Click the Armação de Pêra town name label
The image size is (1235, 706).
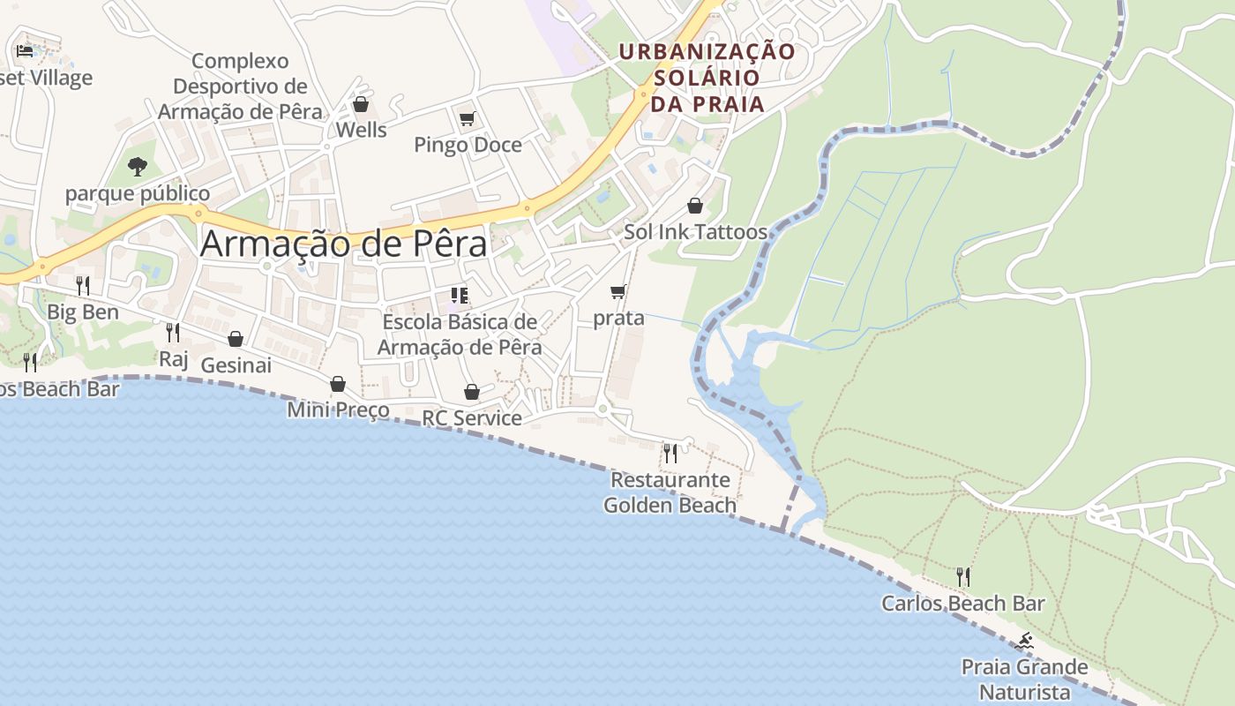click(x=343, y=244)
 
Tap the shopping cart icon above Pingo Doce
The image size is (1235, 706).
click(x=467, y=118)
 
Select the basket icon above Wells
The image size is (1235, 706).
click(x=361, y=104)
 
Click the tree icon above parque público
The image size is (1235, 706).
click(x=137, y=166)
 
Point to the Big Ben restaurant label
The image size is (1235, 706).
click(x=83, y=312)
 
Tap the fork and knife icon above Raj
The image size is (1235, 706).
click(x=173, y=333)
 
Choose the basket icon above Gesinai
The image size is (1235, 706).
click(x=236, y=339)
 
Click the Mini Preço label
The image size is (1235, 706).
click(x=339, y=410)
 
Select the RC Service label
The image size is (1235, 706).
click(x=472, y=417)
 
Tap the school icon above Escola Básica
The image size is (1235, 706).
click(x=459, y=296)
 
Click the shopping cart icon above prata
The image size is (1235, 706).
click(x=618, y=291)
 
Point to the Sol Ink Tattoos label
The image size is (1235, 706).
click(x=695, y=232)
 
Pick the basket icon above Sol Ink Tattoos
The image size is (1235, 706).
click(x=695, y=206)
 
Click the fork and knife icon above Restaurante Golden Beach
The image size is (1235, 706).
click(x=670, y=454)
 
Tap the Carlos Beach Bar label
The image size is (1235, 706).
click(x=963, y=604)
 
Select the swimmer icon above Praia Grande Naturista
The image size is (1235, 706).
click(x=1024, y=641)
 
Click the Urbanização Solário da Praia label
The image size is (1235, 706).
click(x=707, y=78)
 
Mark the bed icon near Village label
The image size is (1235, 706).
click(x=25, y=51)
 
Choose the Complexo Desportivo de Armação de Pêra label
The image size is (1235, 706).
click(x=240, y=86)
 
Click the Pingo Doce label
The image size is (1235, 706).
click(x=468, y=145)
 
